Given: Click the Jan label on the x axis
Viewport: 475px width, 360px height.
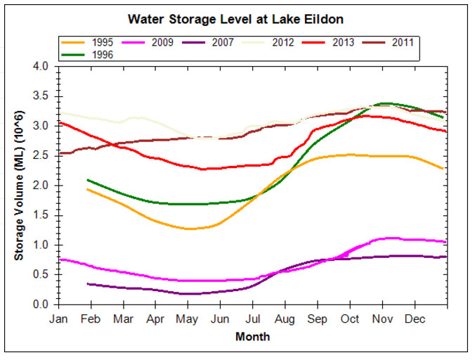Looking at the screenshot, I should (x=58, y=319).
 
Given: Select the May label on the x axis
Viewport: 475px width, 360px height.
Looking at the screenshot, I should (x=188, y=319).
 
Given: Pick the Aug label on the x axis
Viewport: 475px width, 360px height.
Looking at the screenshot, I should (x=285, y=319).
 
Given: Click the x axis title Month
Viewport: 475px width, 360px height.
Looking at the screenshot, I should (x=252, y=336).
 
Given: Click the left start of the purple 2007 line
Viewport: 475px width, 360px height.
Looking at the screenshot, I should (x=87, y=283).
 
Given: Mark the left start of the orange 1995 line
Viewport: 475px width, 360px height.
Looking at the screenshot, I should (x=87, y=189).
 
